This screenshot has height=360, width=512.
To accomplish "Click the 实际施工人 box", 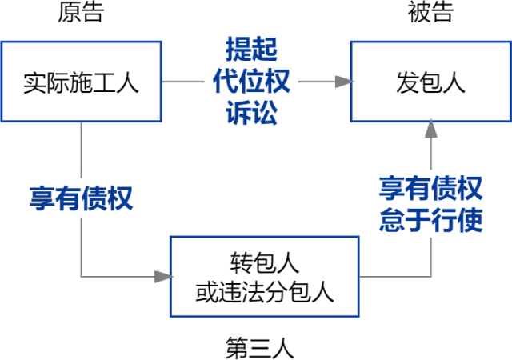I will [81, 82].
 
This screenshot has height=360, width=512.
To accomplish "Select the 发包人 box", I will [430, 82].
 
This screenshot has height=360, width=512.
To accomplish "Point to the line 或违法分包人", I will [265, 291].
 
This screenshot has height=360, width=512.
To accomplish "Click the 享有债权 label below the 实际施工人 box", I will [81, 198].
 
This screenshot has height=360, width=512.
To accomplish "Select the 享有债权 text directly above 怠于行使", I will [430, 190].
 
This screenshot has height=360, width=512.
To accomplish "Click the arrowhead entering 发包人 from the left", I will [343, 82].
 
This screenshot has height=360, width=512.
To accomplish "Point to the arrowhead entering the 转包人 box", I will [162, 276].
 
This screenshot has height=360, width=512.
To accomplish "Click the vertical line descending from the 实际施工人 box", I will [81, 152].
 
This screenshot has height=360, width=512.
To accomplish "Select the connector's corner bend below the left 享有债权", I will [81, 276].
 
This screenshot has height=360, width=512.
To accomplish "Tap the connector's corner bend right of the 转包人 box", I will [431, 276].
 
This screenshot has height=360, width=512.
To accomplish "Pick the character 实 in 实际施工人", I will [34, 82].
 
